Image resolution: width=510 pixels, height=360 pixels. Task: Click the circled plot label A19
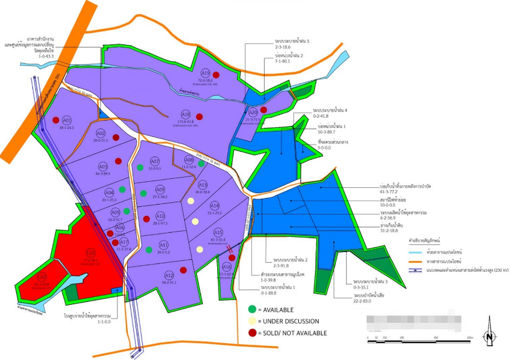205,73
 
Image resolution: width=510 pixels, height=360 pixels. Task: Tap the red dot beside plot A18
199,116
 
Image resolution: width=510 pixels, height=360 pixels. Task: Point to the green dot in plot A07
140,167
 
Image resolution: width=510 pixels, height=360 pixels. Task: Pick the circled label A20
253,112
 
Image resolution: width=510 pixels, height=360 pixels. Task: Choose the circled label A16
226,267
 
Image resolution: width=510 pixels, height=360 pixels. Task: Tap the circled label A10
160,216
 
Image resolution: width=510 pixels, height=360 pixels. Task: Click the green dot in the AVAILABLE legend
253,309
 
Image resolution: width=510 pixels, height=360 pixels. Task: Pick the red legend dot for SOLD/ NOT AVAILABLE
253,333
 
